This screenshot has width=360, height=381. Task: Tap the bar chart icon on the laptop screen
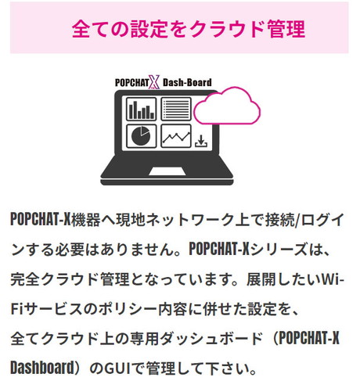141,109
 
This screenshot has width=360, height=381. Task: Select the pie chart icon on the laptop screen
141,136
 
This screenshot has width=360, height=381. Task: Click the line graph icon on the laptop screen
176,136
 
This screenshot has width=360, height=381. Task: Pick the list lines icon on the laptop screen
176,109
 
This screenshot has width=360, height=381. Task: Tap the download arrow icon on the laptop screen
201,141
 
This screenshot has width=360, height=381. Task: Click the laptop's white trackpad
167,171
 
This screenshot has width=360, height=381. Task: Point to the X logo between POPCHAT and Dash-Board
153,82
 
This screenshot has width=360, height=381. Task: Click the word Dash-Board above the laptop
187,82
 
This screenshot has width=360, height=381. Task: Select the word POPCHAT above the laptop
131,83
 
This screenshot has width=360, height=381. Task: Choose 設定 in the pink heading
149,29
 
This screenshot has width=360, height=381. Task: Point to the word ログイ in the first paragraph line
323,220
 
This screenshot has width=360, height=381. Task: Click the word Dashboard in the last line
42,368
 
